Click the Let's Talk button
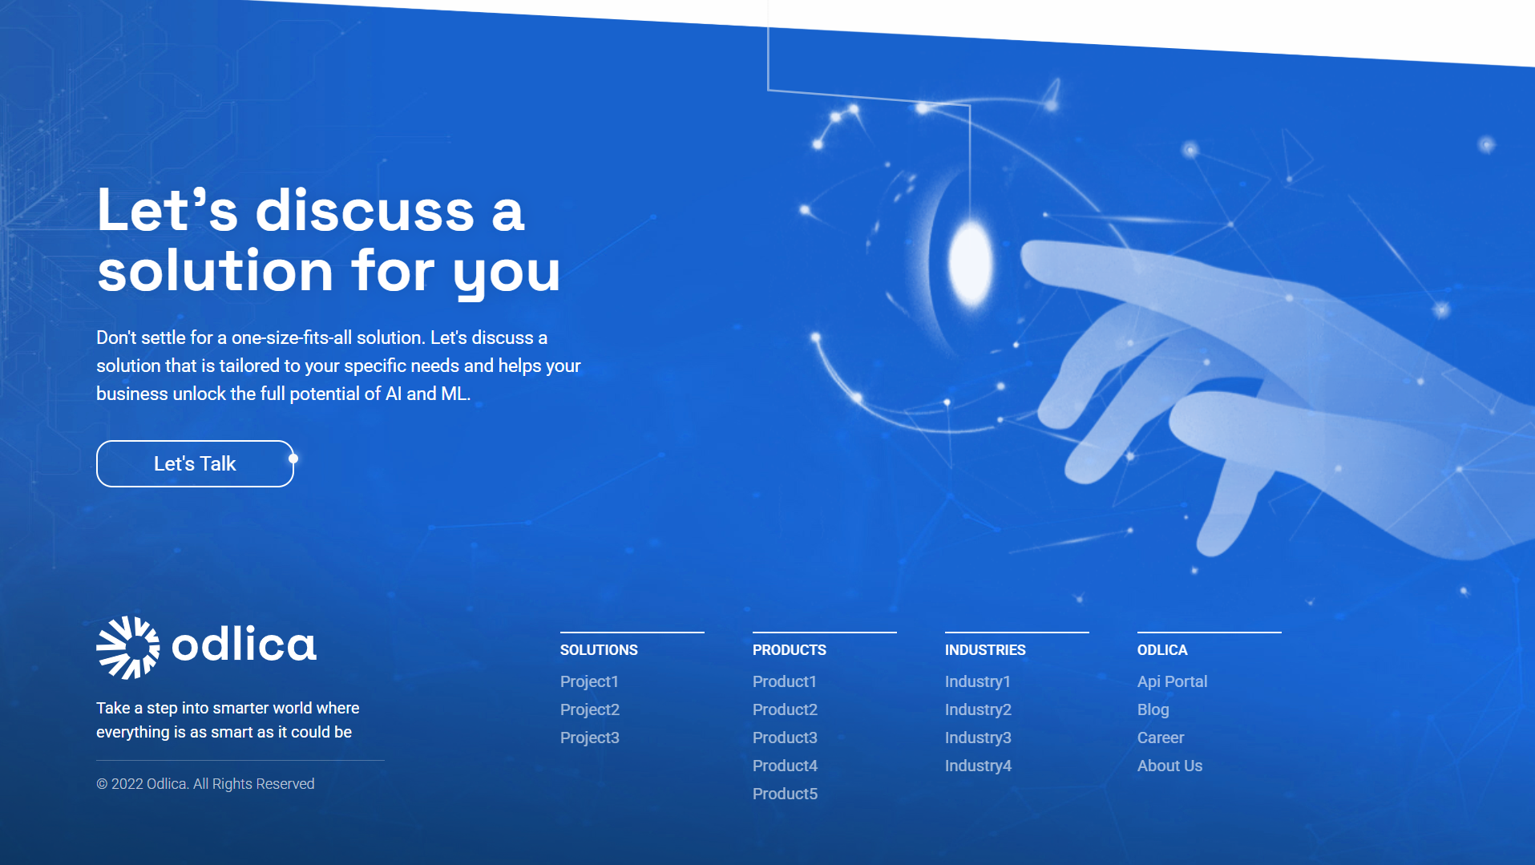click(x=195, y=463)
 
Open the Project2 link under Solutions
click(x=589, y=709)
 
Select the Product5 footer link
click(x=785, y=794)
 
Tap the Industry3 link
click(x=977, y=738)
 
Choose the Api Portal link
click(x=1171, y=681)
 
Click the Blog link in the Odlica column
click(x=1153, y=709)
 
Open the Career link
click(x=1160, y=738)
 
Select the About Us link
click(x=1169, y=766)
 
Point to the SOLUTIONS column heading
click(x=598, y=650)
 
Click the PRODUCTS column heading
click(x=789, y=650)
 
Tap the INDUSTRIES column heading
click(x=984, y=650)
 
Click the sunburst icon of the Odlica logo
click(x=128, y=647)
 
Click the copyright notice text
click(x=205, y=784)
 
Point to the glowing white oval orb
click(x=971, y=262)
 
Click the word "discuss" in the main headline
click(x=365, y=212)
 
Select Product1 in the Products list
click(x=784, y=681)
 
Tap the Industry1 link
click(x=977, y=681)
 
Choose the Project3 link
click(x=589, y=738)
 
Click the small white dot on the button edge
click(x=293, y=459)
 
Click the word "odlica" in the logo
click(x=244, y=645)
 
